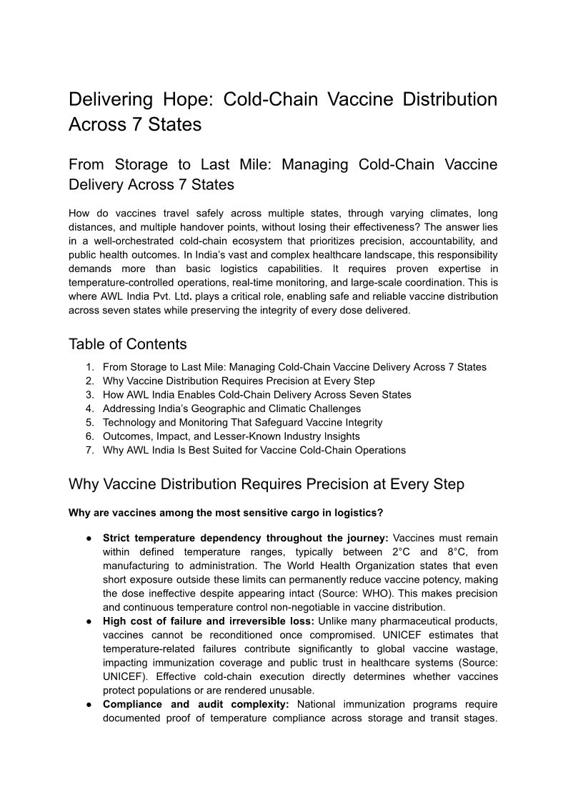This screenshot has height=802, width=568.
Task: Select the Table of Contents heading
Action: click(127, 344)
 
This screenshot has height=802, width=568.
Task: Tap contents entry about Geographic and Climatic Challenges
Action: click(231, 408)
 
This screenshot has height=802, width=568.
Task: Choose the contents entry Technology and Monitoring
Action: click(242, 422)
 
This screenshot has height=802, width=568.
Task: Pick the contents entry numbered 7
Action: click(254, 450)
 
